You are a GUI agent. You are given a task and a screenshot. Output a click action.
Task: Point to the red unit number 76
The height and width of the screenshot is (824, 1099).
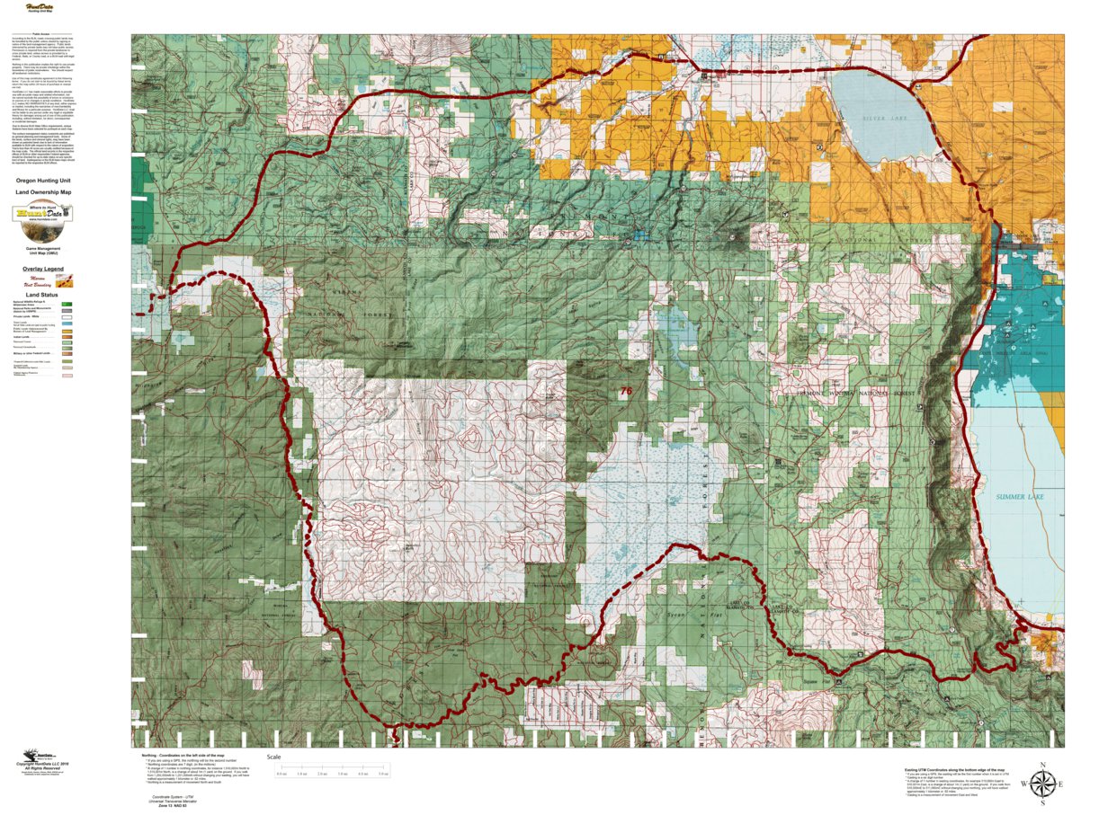[x=626, y=391]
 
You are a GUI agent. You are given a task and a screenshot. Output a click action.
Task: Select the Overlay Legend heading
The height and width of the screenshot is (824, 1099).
[x=43, y=269]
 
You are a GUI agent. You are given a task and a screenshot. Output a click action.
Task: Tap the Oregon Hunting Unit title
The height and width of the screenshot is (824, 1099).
[x=43, y=180]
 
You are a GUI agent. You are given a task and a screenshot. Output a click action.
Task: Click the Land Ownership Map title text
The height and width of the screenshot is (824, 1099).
[x=43, y=191]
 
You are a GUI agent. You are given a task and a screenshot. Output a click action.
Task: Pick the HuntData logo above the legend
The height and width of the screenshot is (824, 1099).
[x=42, y=214]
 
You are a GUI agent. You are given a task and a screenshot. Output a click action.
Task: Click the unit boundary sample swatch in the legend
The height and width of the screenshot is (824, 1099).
[x=64, y=280]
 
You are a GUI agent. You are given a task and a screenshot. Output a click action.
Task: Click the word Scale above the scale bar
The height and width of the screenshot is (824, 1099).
[x=273, y=757]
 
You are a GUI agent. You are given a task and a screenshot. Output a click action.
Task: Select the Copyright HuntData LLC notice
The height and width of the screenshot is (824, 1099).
[x=43, y=766]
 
